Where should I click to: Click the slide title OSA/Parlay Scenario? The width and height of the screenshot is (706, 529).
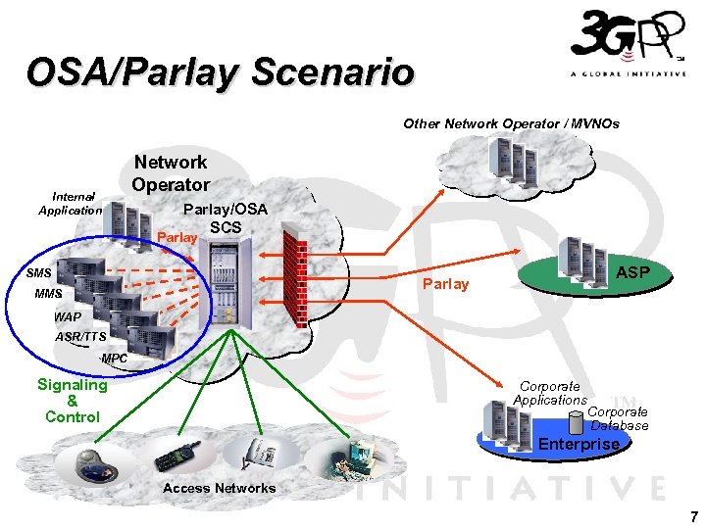tap(221, 72)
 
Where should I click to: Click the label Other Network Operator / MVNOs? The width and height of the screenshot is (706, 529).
tap(511, 124)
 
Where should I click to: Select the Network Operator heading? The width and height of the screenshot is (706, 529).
tap(171, 173)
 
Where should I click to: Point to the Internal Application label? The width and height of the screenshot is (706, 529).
tap(70, 204)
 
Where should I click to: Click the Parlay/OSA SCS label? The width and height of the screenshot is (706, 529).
tap(225, 218)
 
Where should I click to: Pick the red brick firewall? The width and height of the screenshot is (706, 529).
tap(295, 275)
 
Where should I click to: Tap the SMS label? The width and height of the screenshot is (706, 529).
tap(39, 271)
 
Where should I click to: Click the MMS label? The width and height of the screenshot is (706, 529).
tap(47, 294)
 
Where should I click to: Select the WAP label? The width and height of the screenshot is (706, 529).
tap(68, 317)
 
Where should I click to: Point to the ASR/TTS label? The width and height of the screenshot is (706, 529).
tap(81, 337)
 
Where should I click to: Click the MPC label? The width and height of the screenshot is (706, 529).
tap(114, 359)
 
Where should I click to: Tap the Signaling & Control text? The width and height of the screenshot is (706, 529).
tap(73, 401)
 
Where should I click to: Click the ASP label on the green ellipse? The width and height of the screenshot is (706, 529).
tap(632, 271)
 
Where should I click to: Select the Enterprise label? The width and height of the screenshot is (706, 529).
tap(579, 444)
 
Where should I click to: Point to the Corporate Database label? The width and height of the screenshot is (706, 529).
tap(619, 418)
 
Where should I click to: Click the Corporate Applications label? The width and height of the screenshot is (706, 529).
tap(550, 394)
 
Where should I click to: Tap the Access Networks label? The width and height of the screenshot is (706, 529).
tap(220, 488)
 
